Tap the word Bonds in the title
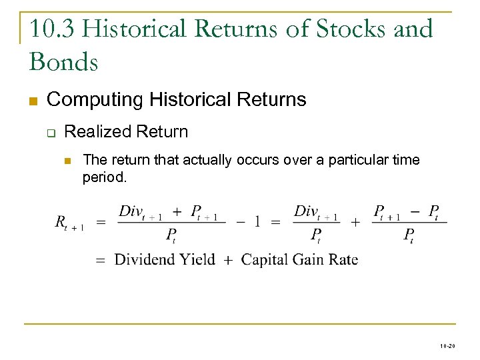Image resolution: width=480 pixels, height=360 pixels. [64, 62]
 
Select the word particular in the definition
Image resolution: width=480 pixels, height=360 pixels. [365, 160]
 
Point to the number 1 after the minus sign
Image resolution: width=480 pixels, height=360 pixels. [257, 222]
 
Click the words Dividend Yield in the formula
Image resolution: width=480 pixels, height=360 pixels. [165, 259]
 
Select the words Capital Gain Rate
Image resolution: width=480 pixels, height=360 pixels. [299, 259]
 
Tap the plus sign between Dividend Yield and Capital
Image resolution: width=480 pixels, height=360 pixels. [228, 260]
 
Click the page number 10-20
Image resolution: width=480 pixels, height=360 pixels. [447, 347]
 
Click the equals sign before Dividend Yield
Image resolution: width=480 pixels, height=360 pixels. [101, 260]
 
